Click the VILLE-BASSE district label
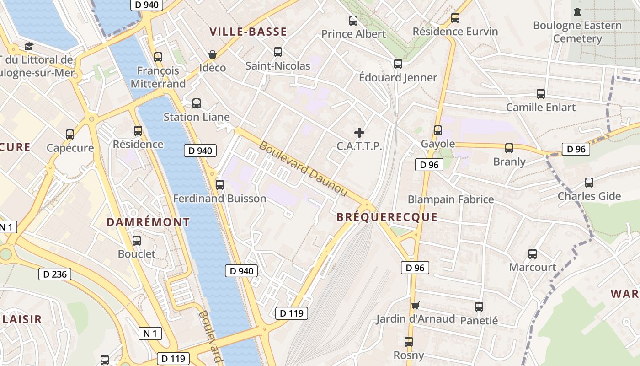pos(248,32)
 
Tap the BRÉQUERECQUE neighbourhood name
pos(387,217)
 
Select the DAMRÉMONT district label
pos(148,222)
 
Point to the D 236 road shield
pos(55,274)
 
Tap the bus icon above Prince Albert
pos(353,20)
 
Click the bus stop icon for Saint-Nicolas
pos(277,52)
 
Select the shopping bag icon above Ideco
pos(213,54)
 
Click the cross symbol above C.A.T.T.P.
pos(359,133)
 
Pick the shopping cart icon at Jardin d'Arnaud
pos(415,305)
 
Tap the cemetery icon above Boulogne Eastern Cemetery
pos(577,11)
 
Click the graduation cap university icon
pos(29,46)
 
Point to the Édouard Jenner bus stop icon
pos(398,64)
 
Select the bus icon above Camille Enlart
pos(541,93)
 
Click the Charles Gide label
pos(589,196)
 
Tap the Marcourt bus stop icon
pos(533,253)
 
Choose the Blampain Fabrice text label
pos(450,199)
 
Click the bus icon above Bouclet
pos(136,240)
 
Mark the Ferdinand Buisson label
pos(219,199)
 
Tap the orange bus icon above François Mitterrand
pos(158,57)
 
